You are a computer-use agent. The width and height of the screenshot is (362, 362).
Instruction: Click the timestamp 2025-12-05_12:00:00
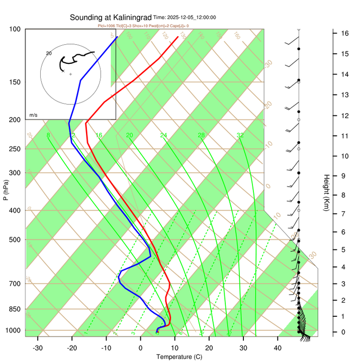tap(191, 18)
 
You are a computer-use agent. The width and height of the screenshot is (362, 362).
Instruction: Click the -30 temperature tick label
tap(38, 347)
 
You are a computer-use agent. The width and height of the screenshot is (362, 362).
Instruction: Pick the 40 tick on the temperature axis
tap(278, 347)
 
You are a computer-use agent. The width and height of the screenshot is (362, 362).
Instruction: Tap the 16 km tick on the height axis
tap(345, 33)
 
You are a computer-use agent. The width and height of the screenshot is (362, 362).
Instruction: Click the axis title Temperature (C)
tap(179, 357)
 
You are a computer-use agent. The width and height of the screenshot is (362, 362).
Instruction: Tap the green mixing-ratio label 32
tap(240, 135)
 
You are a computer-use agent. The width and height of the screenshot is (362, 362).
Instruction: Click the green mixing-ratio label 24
tap(163, 135)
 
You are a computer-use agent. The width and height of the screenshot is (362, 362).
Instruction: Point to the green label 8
tap(48, 135)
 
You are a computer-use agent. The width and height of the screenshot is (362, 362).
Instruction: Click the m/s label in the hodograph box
tap(34, 115)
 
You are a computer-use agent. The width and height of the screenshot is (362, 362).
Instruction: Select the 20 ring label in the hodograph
tap(49, 53)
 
